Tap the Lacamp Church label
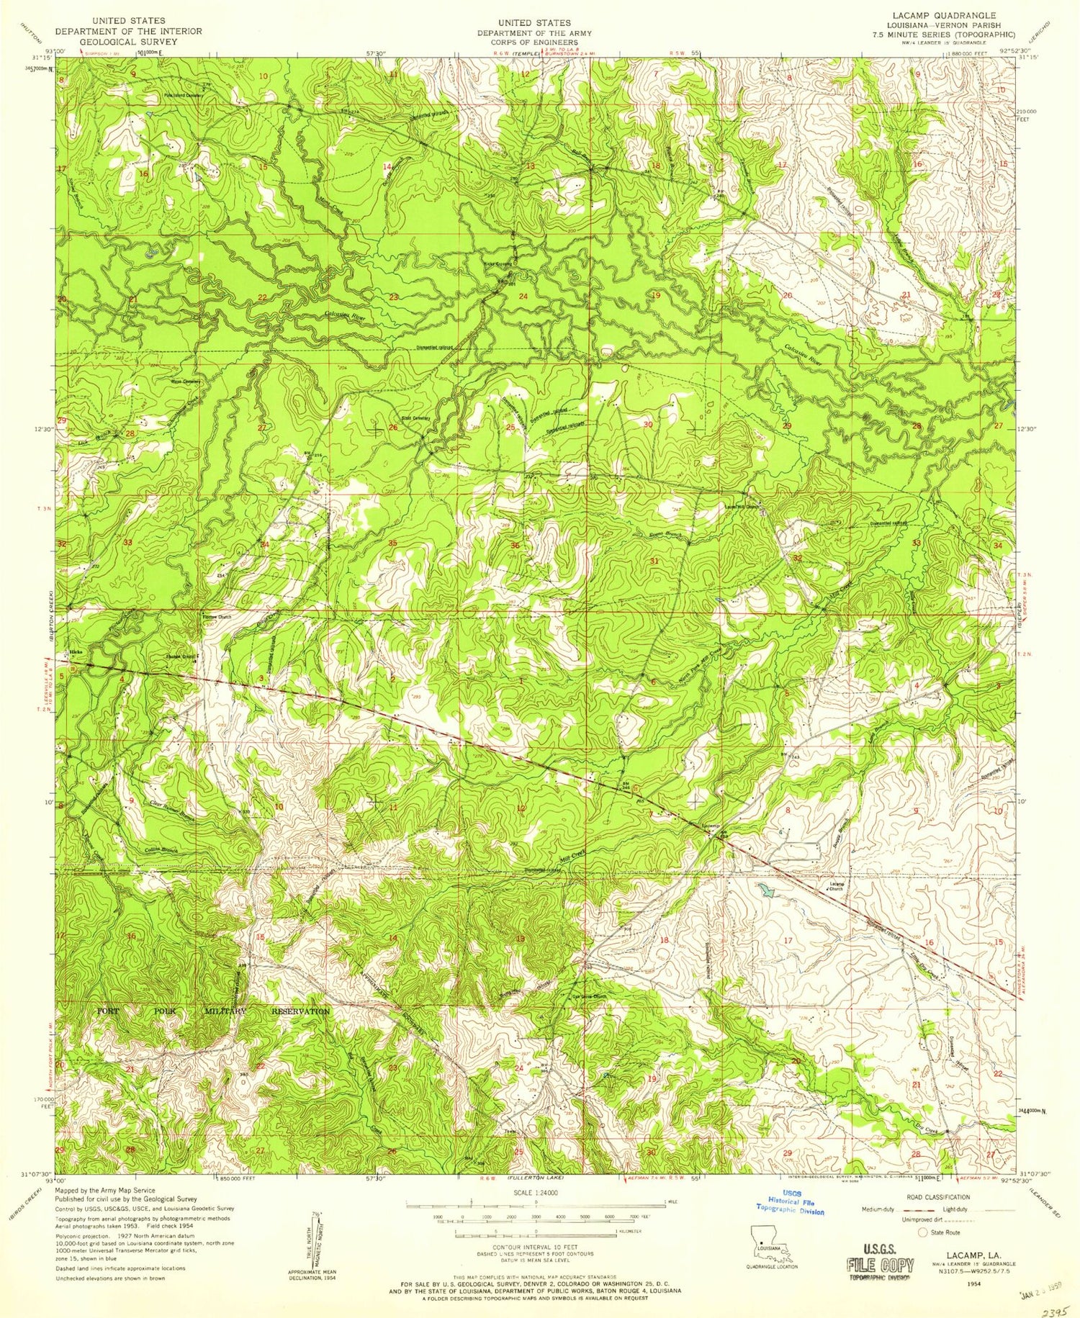835,887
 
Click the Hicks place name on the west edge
74,652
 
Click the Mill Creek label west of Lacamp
574,857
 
